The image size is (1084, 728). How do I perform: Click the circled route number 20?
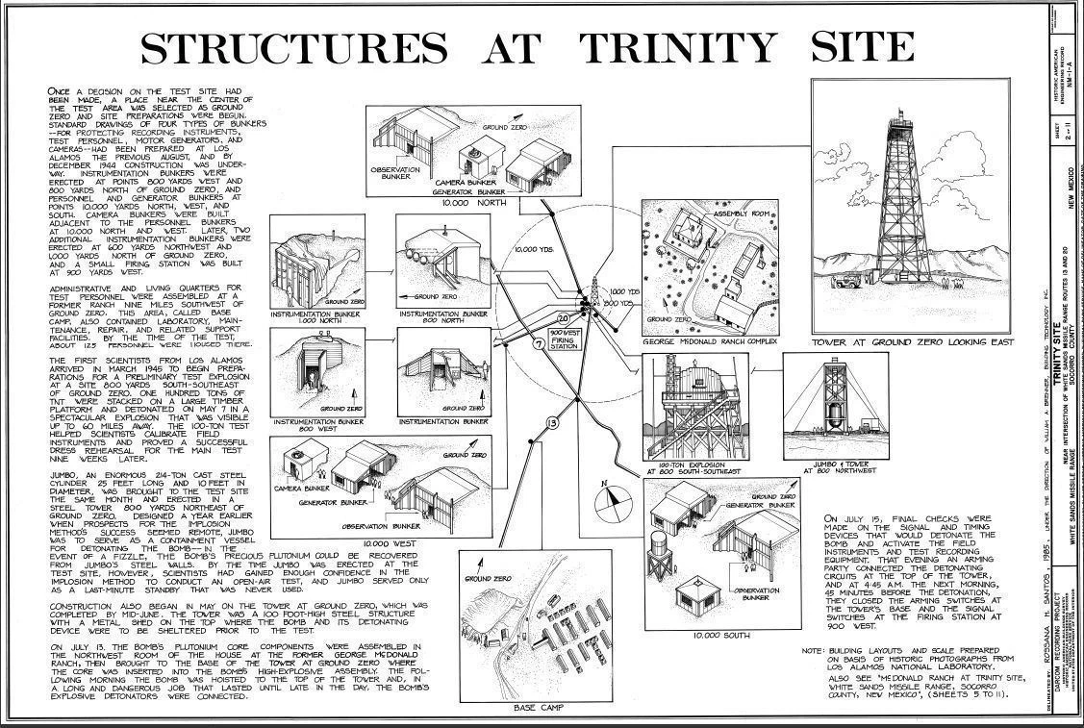(x=564, y=317)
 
